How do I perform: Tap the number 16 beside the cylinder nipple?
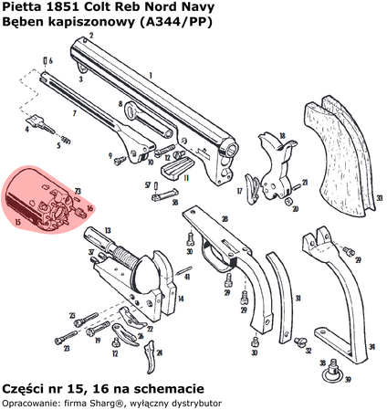coord(89,208)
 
